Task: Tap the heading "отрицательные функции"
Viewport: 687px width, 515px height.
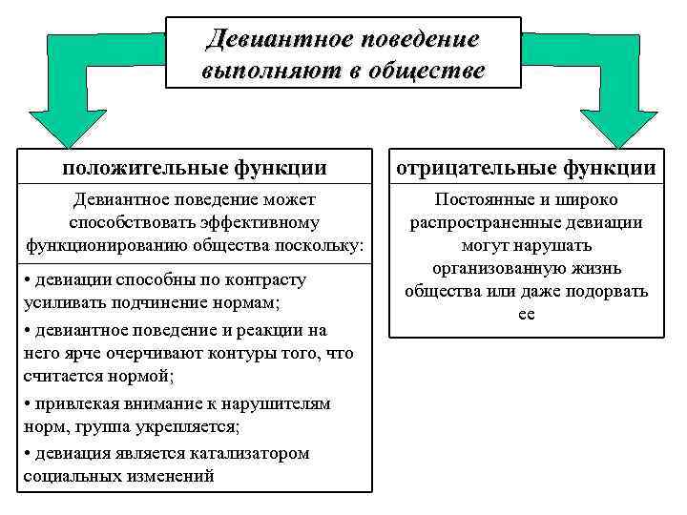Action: (527, 168)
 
